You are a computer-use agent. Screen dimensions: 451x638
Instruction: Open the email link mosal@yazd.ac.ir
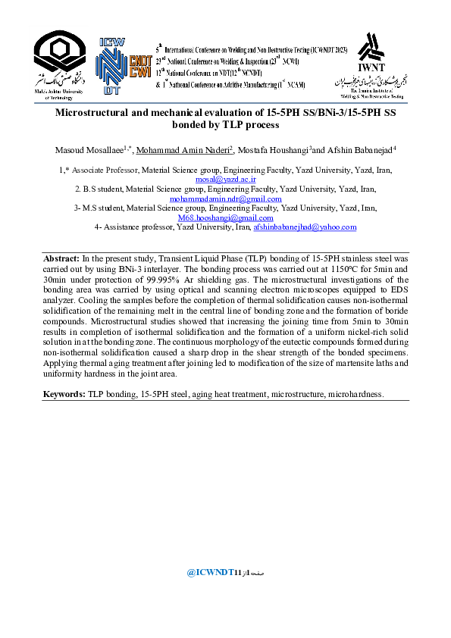coord(225,180)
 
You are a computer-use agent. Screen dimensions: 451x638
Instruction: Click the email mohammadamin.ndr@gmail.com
coord(225,199)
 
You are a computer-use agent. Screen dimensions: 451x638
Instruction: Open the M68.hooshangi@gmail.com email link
coord(225,217)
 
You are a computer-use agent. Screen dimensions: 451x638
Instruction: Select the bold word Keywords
coord(64,394)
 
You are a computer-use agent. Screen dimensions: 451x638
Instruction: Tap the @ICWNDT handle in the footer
coord(209,573)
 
